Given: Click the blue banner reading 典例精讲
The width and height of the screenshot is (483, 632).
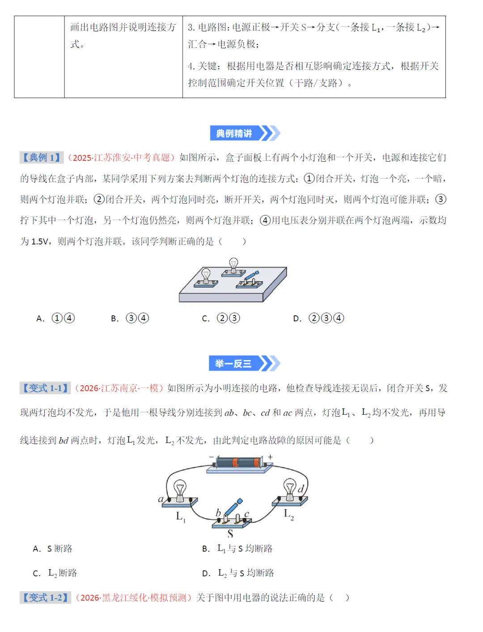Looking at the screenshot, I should [244, 133].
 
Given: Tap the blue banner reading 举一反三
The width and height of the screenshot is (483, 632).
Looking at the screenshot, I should [244, 364].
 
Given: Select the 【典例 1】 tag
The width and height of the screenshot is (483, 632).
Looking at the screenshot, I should [41, 158].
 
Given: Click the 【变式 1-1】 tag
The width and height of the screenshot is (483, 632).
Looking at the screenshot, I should [45, 388].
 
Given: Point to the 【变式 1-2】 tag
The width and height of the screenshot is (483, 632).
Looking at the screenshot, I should [45, 598].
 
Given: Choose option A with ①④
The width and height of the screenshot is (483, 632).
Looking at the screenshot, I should [56, 318].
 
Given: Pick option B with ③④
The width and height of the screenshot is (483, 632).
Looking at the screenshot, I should [130, 318].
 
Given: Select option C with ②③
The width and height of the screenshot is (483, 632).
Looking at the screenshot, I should [221, 318].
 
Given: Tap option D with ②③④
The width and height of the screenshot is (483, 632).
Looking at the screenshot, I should [319, 318].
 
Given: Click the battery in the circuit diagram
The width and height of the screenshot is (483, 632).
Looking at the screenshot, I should [239, 462].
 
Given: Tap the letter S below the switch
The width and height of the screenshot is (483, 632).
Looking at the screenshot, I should [230, 533].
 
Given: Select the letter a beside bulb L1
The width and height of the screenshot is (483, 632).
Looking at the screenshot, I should [161, 499].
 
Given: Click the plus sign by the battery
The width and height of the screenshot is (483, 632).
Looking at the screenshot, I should [270, 457].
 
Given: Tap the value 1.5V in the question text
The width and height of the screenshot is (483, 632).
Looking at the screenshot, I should [40, 242].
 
